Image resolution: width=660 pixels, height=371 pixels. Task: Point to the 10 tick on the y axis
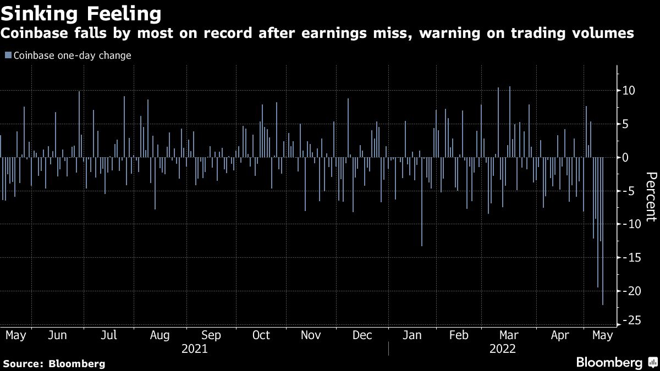click(629, 91)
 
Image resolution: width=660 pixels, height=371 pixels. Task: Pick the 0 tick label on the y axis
click(626, 158)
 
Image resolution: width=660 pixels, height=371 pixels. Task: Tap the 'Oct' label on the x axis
click(261, 335)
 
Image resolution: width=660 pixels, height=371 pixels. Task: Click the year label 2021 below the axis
click(194, 349)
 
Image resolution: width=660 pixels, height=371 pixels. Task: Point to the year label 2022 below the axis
click(502, 349)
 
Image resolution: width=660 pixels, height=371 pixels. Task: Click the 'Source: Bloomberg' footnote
click(53, 363)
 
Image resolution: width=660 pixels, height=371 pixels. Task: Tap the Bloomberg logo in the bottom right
click(616, 363)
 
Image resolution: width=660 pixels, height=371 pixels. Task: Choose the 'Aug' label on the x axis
click(159, 335)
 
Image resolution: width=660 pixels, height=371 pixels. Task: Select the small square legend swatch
click(7, 56)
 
